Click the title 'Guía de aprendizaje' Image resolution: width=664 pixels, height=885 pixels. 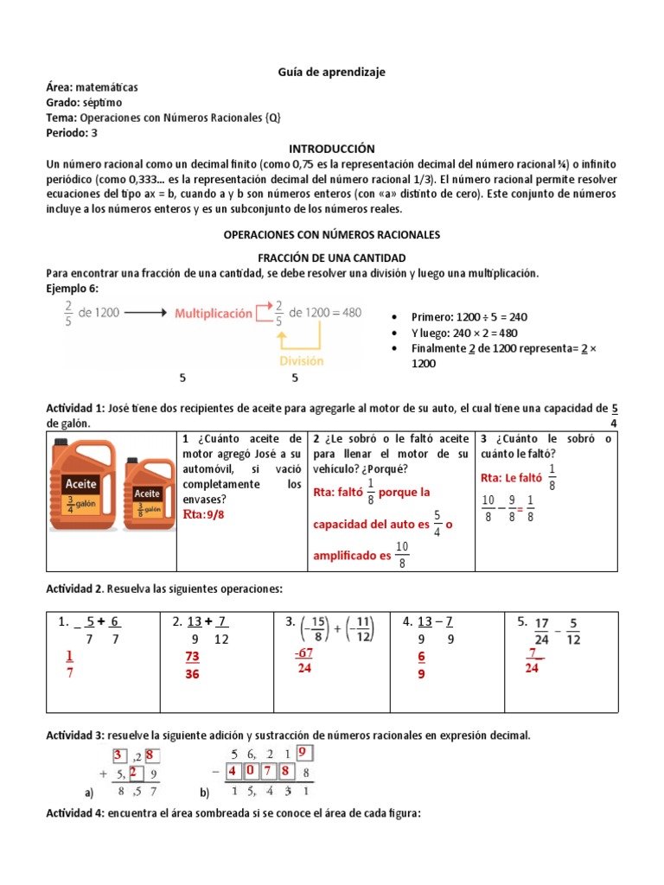[x=332, y=73]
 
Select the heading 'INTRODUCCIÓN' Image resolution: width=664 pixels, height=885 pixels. [x=332, y=149]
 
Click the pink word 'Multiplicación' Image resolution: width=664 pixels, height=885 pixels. [x=214, y=313]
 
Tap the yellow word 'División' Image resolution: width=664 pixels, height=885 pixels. [x=301, y=362]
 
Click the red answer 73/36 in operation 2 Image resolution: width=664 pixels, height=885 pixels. [x=192, y=665]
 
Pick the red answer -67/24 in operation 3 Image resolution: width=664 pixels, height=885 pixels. [x=303, y=659]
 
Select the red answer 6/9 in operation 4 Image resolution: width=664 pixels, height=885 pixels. [x=421, y=665]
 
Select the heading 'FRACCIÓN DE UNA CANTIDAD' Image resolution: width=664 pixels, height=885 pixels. [x=332, y=258]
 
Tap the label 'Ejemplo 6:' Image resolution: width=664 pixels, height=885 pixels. [x=73, y=287]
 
